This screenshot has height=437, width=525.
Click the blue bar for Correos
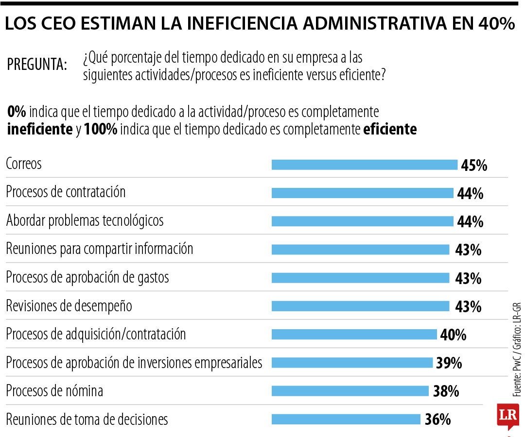pyautogui.click(x=365, y=165)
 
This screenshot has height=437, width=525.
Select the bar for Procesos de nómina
pyautogui.click(x=350, y=391)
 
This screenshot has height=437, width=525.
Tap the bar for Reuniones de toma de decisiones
pyautogui.click(x=346, y=419)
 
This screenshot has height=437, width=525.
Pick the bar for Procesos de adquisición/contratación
pyautogui.click(x=354, y=335)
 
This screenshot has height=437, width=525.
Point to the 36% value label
pyautogui.click(x=437, y=420)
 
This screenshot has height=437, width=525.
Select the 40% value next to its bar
pyautogui.click(x=453, y=335)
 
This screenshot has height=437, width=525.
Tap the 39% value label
pyautogui.click(x=449, y=363)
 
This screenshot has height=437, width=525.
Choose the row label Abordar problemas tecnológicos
pyautogui.click(x=85, y=220)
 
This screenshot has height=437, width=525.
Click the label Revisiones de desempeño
pyautogui.click(x=69, y=306)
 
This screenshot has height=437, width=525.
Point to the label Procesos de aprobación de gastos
pyautogui.click(x=87, y=277)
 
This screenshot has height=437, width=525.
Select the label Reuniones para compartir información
pyautogui.click(x=99, y=249)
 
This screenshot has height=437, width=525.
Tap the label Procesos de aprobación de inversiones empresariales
pyautogui.click(x=134, y=363)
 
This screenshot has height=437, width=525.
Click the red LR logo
pyautogui.click(x=507, y=415)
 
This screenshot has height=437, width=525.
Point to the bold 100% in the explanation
pyautogui.click(x=100, y=130)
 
